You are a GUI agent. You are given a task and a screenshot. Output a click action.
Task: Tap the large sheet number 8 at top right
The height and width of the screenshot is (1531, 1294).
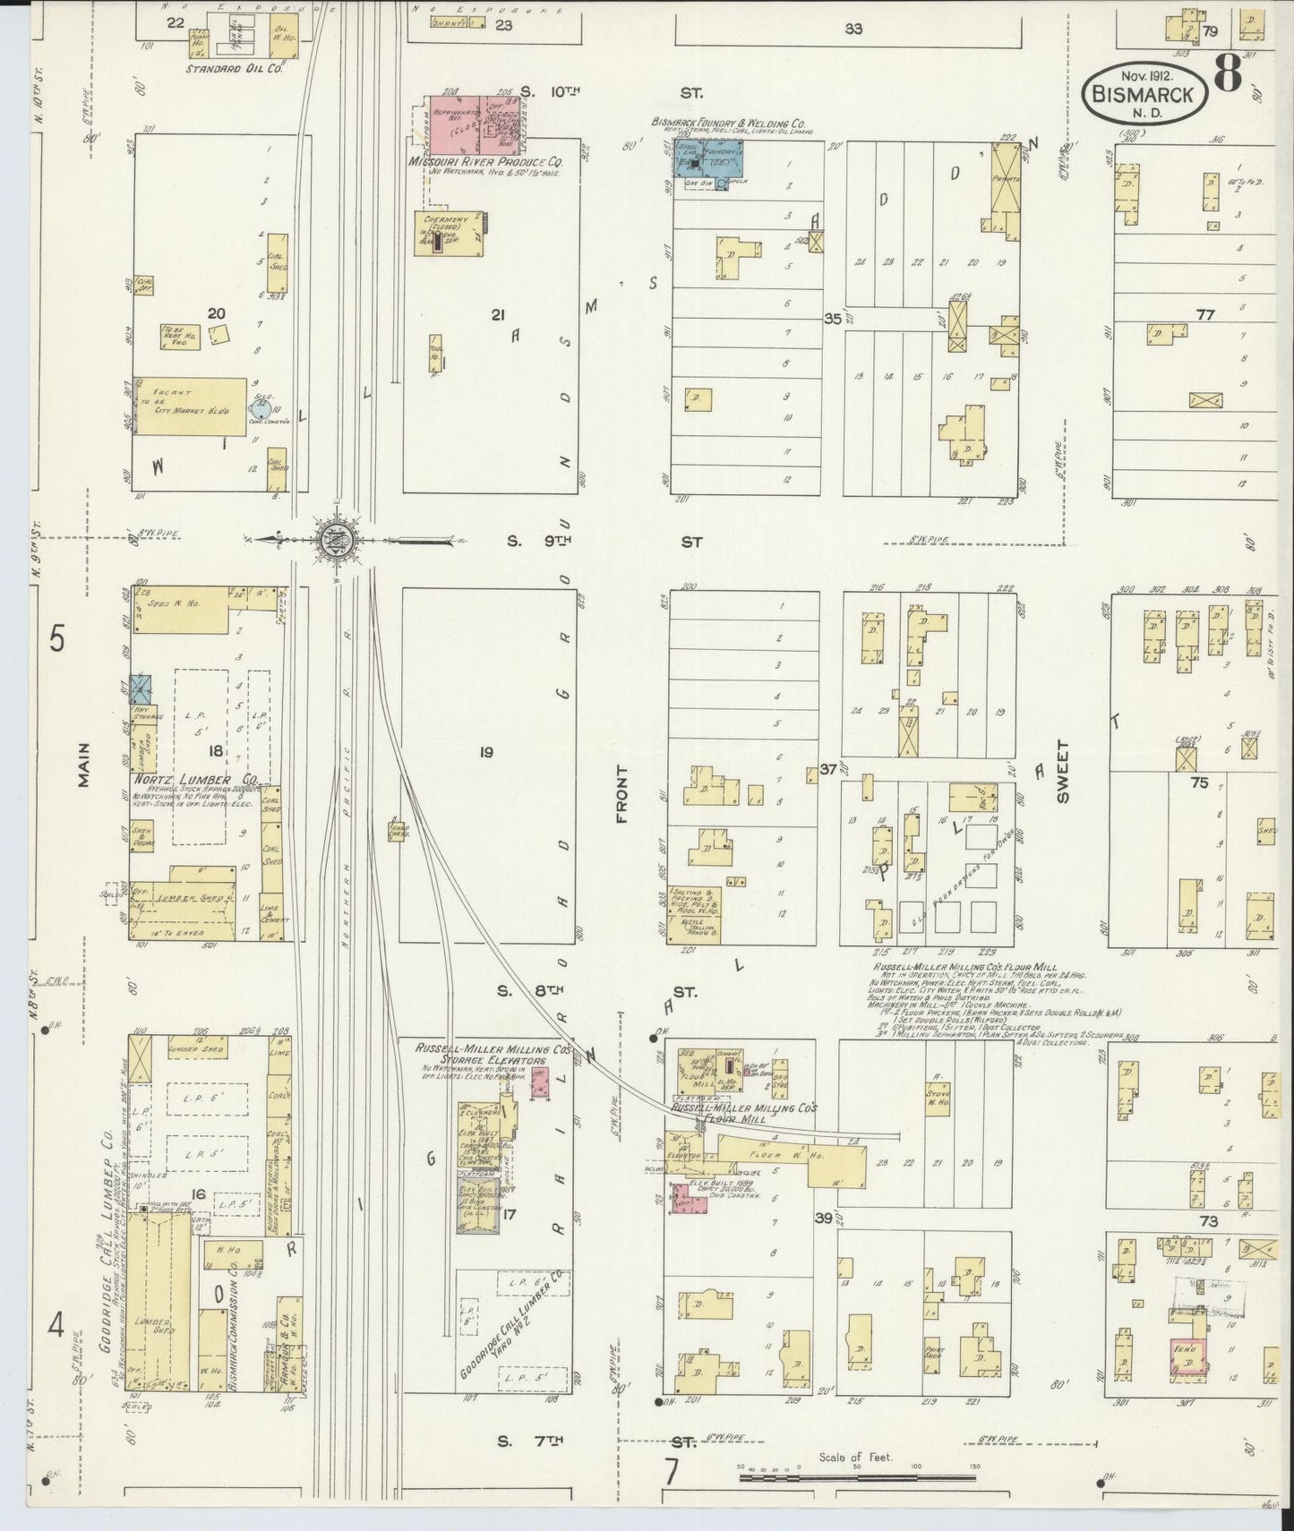click(1228, 73)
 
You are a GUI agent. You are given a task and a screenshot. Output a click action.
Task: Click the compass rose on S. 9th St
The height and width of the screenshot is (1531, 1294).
click(337, 540)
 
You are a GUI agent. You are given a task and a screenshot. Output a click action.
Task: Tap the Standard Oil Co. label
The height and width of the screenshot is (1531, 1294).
click(235, 68)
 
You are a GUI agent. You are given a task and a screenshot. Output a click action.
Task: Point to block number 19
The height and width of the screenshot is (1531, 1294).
click(485, 752)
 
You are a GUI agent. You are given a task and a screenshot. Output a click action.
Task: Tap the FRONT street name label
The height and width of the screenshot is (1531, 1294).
click(621, 793)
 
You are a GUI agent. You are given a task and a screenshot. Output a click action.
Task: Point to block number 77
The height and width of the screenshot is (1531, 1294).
click(1204, 314)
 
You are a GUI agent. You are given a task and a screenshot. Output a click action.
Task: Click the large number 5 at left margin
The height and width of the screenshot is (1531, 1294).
click(57, 640)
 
